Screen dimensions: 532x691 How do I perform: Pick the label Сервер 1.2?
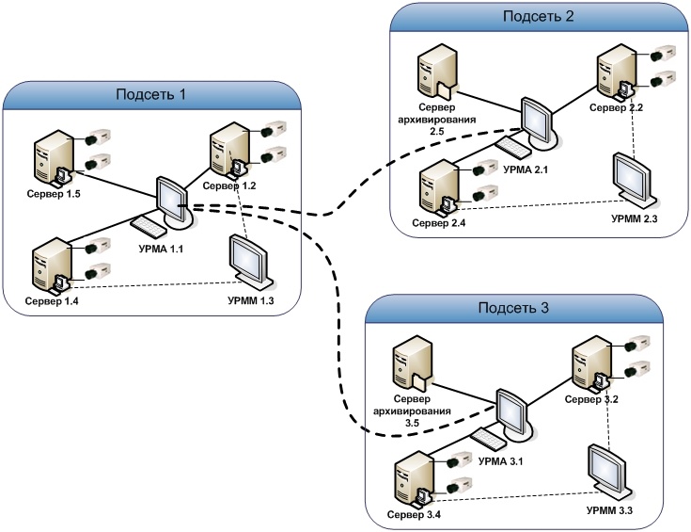[229, 185]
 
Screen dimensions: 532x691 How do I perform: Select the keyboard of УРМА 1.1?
[149, 226]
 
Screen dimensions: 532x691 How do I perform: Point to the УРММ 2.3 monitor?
[631, 177]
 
